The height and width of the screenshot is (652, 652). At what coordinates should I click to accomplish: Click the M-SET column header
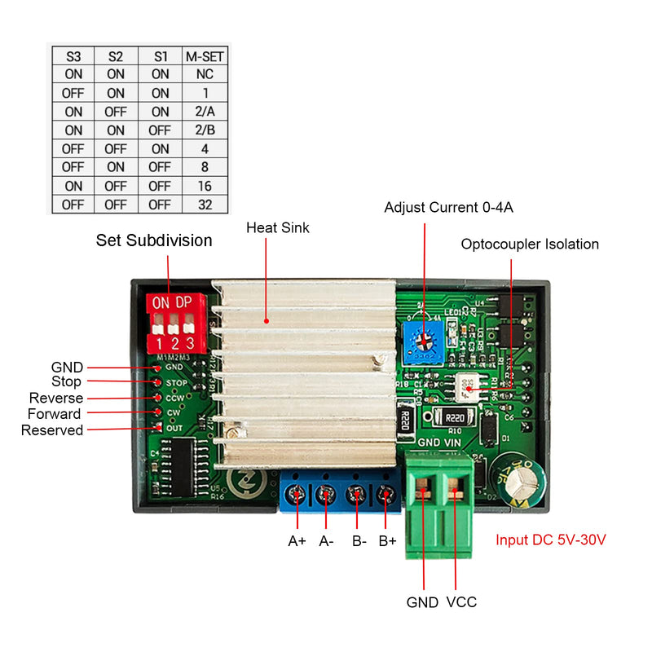click(x=205, y=57)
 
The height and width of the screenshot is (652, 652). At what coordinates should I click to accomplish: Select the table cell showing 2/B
click(x=205, y=130)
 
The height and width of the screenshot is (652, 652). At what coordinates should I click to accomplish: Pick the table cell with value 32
click(x=205, y=205)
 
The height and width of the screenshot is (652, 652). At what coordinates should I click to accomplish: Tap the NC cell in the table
click(x=205, y=75)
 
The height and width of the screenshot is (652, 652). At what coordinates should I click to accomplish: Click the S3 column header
click(x=73, y=57)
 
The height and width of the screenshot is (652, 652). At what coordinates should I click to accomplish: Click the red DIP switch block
click(x=174, y=324)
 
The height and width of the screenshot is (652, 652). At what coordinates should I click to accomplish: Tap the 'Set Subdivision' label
click(x=154, y=240)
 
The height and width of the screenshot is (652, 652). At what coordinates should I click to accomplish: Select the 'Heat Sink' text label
click(x=278, y=228)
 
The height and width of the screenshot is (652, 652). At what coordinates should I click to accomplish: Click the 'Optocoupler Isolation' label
click(x=530, y=244)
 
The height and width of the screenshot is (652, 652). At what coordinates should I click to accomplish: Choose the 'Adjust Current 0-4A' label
click(x=449, y=208)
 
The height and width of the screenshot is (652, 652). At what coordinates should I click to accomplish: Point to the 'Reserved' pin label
click(x=52, y=430)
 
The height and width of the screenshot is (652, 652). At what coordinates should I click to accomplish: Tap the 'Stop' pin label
click(x=66, y=381)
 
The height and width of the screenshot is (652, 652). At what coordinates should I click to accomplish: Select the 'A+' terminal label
click(x=297, y=540)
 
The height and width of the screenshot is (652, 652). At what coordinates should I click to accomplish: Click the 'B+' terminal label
click(x=387, y=540)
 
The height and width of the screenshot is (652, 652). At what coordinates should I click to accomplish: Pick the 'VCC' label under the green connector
click(x=461, y=602)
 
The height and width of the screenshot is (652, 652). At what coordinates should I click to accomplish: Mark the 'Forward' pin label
click(x=55, y=414)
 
